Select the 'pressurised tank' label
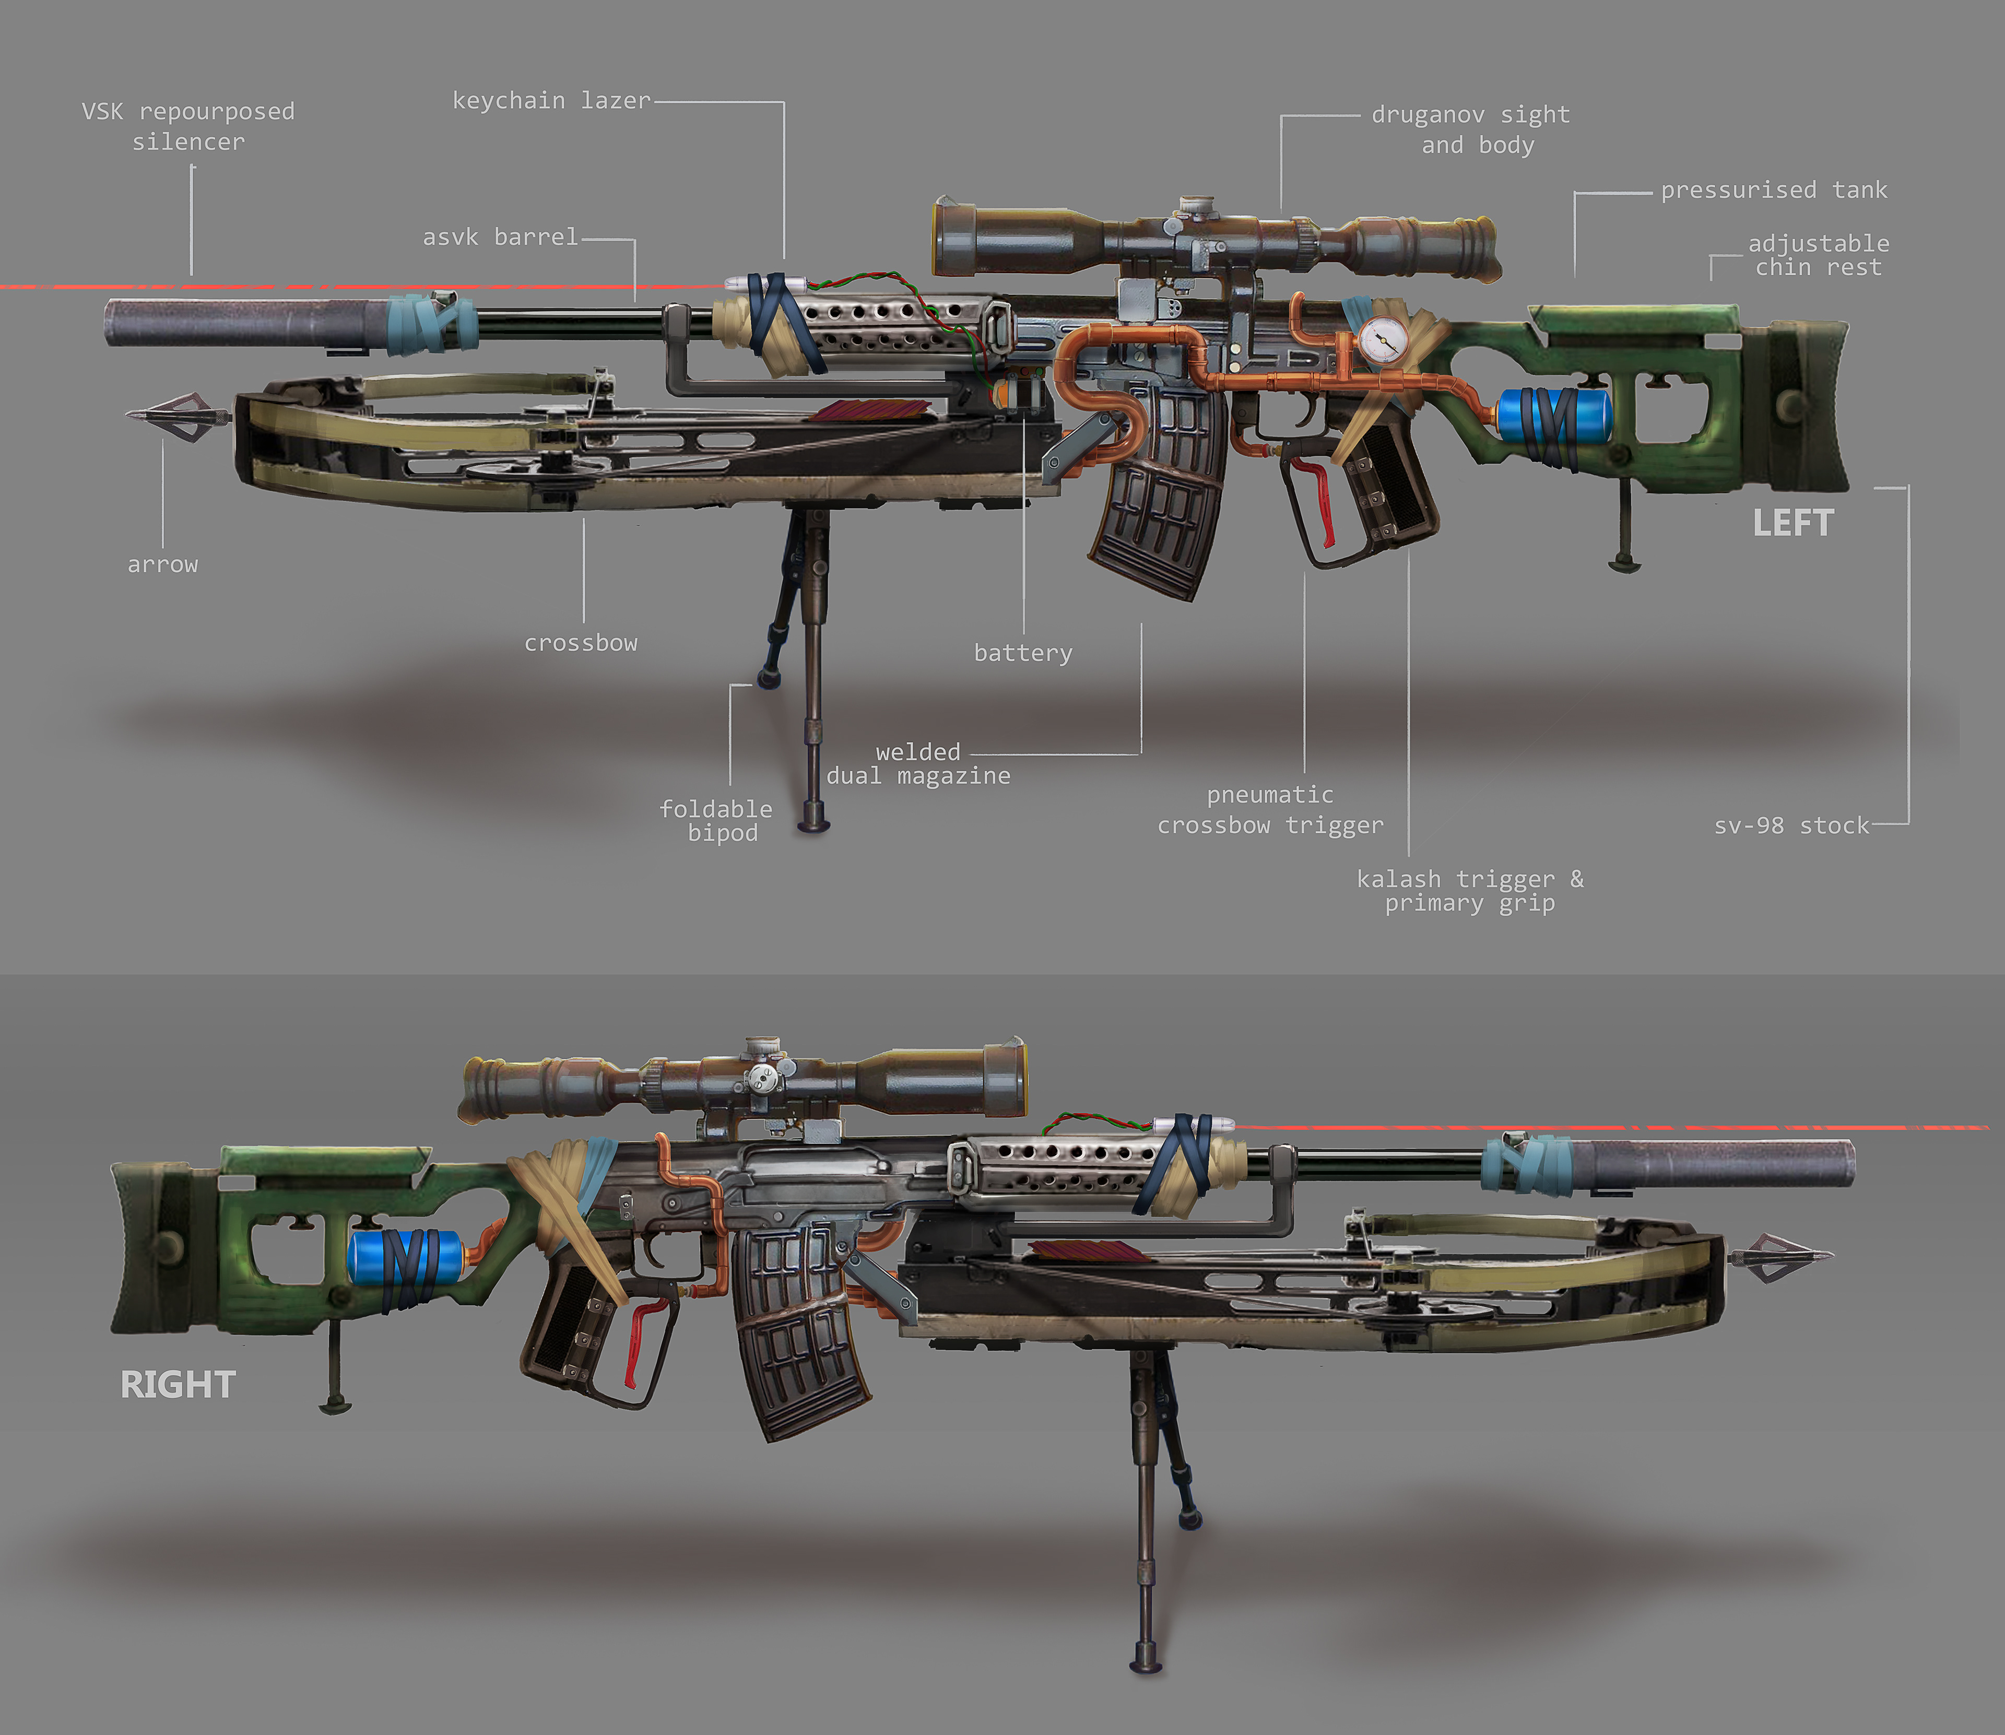click(x=1774, y=190)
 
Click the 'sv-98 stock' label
click(x=1791, y=826)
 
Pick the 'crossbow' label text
click(x=581, y=643)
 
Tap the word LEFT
click(x=1793, y=524)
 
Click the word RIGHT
click(x=178, y=1385)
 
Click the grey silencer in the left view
click(x=232, y=322)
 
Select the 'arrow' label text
click(x=163, y=564)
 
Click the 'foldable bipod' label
click(x=716, y=821)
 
